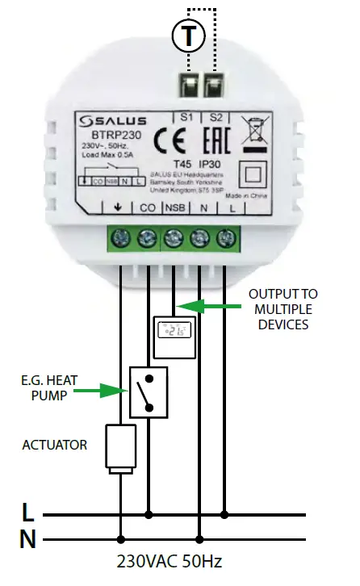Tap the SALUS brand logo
click(113, 122)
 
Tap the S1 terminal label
click(186, 116)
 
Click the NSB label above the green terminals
click(174, 209)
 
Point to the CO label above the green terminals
click(148, 209)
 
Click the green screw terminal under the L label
click(226, 238)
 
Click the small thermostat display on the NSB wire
click(174, 336)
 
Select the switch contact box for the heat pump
click(148, 393)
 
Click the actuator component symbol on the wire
click(119, 449)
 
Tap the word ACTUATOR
click(56, 445)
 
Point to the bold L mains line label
click(27, 512)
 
